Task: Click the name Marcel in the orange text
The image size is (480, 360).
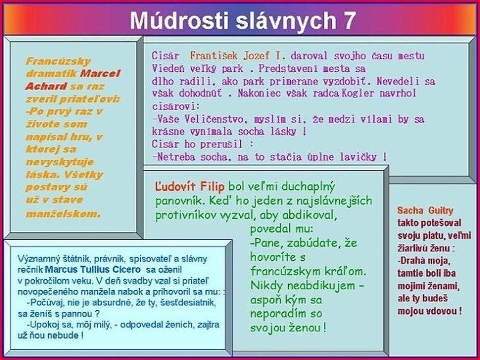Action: [103, 74]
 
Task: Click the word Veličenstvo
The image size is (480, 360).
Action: [206, 119]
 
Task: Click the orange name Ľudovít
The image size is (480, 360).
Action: [179, 186]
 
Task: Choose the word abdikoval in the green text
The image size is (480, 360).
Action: [307, 215]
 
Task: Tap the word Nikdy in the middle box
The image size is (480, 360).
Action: [267, 286]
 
